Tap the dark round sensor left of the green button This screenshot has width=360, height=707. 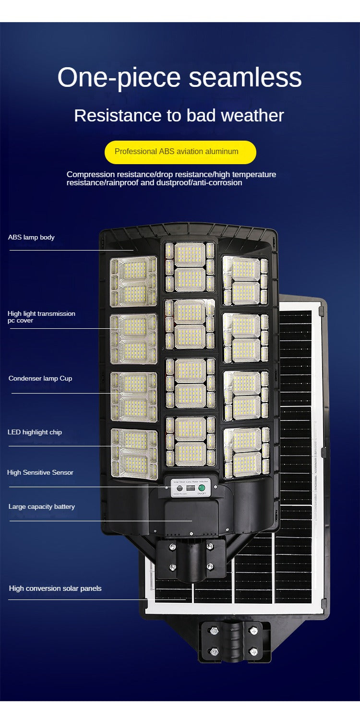(180, 488)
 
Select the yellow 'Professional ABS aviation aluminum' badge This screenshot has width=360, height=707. (180, 152)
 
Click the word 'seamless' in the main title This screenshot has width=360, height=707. (245, 77)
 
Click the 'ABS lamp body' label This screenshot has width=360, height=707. (31, 237)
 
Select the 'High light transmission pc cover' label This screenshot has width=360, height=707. (41, 317)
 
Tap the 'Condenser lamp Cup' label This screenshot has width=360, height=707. (40, 378)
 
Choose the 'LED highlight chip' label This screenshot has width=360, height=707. (35, 432)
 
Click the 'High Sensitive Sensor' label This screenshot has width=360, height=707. (40, 472)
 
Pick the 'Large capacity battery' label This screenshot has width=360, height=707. (42, 506)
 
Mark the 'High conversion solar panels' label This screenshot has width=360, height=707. (55, 588)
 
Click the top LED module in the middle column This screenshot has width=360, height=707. (190, 267)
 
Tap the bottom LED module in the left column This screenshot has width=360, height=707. (134, 454)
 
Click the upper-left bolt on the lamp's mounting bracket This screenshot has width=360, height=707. (172, 547)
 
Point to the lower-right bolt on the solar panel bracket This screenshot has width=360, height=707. (254, 651)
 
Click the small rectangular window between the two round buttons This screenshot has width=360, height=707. (191, 488)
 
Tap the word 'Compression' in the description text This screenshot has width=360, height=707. (90, 174)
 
